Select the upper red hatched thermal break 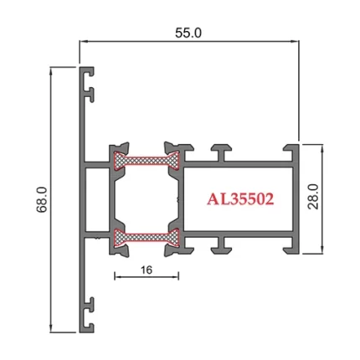click(147, 158)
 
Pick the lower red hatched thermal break click(147, 238)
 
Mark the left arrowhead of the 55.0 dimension click(84, 40)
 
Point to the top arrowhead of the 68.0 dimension click(54, 71)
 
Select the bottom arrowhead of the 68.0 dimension click(54, 327)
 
